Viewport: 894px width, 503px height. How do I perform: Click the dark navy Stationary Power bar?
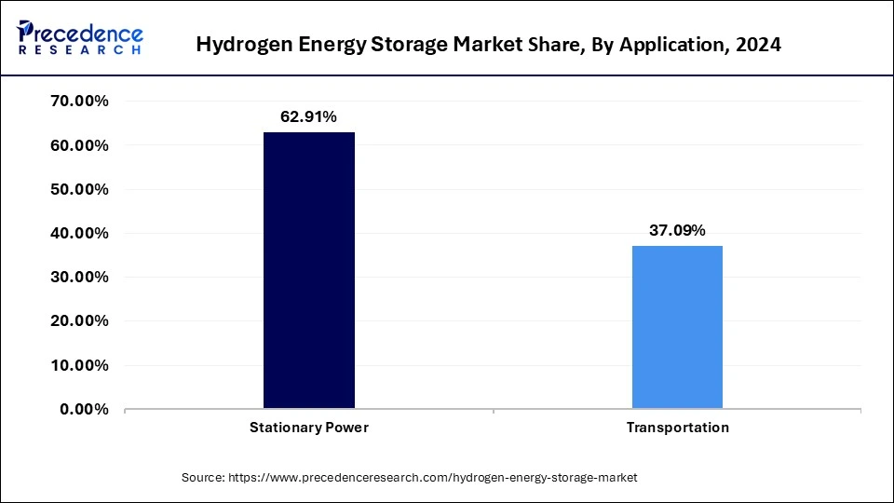(309, 270)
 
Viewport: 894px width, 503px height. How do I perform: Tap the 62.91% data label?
(308, 117)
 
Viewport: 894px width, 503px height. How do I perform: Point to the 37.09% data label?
(677, 230)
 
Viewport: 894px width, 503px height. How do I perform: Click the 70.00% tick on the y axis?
(78, 102)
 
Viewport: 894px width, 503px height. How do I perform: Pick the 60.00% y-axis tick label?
(78, 145)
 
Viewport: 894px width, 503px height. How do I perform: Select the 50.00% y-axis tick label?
(78, 189)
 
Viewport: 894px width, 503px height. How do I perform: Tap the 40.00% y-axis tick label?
(78, 233)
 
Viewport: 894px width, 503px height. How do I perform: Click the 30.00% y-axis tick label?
(78, 277)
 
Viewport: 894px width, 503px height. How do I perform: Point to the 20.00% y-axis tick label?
(78, 321)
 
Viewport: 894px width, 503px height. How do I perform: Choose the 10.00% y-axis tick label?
(78, 365)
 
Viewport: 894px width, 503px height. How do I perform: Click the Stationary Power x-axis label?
(309, 428)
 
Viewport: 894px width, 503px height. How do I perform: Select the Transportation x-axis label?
(677, 428)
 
